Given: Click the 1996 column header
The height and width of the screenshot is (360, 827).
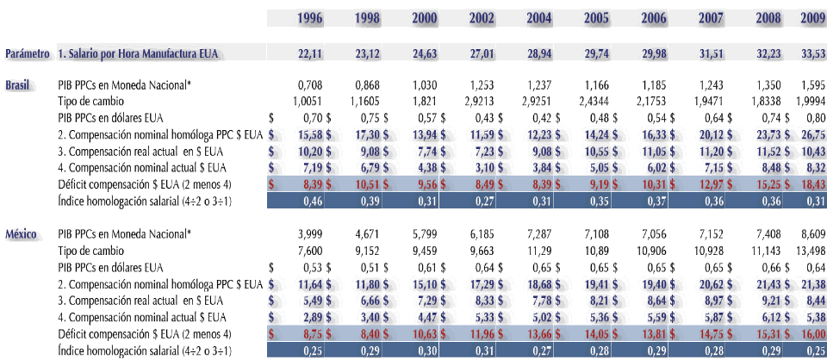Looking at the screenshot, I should [x=310, y=18].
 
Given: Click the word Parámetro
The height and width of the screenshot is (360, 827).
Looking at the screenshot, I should [x=27, y=54].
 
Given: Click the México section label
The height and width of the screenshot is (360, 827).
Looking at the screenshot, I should [x=22, y=233].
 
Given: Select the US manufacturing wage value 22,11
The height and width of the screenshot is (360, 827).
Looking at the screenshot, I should [x=310, y=54].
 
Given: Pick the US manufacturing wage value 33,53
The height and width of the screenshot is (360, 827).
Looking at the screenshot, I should [x=813, y=54].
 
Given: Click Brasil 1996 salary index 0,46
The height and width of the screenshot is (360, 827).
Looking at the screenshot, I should [x=310, y=201].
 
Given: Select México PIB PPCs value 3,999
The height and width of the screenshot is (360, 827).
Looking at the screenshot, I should [x=310, y=233].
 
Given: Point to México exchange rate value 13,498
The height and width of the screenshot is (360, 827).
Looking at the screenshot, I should [x=811, y=250].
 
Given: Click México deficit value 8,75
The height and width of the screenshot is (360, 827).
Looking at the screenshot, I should [x=308, y=332].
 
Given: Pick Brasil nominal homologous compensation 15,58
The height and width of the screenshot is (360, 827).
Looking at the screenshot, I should [x=307, y=135].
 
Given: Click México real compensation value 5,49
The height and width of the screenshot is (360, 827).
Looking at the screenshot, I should [x=308, y=300].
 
